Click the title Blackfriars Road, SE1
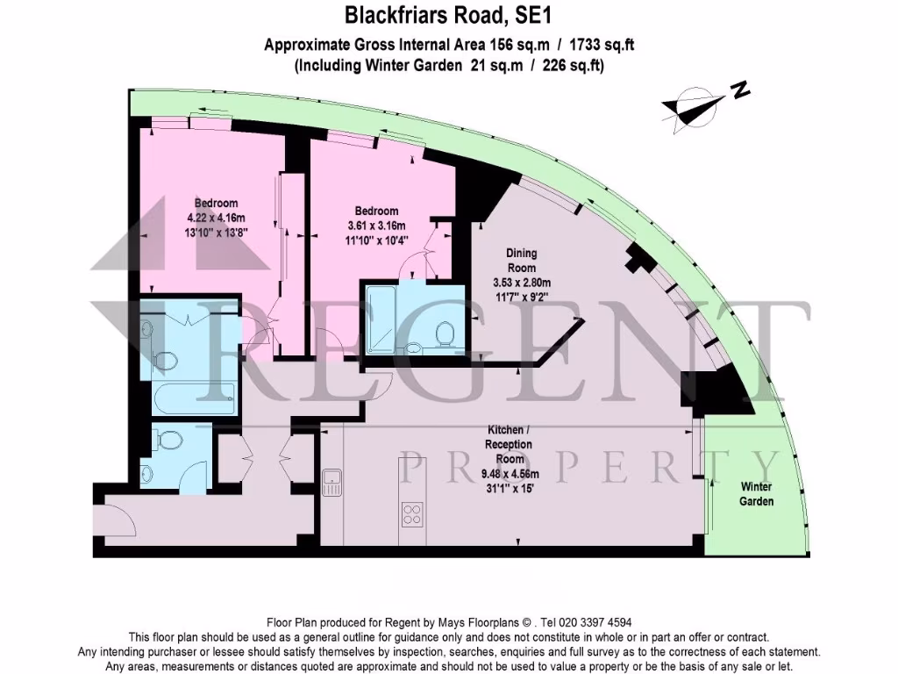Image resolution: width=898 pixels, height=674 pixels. pos(449,15)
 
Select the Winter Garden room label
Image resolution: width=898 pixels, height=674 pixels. pos(756,494)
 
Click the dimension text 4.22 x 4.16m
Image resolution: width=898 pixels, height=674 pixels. pos(216,219)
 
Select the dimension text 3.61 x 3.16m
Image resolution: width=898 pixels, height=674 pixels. pos(376,226)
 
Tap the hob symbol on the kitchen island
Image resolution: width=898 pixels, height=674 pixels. pos(412,511)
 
